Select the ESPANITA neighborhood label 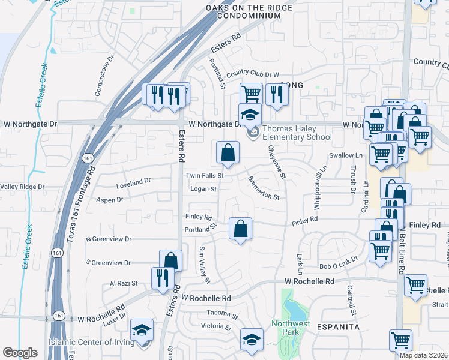click(340, 327)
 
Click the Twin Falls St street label click(204, 176)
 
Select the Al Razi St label click(124, 283)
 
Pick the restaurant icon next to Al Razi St click(163, 278)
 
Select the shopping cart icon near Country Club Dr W click(251, 94)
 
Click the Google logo click(20, 353)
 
